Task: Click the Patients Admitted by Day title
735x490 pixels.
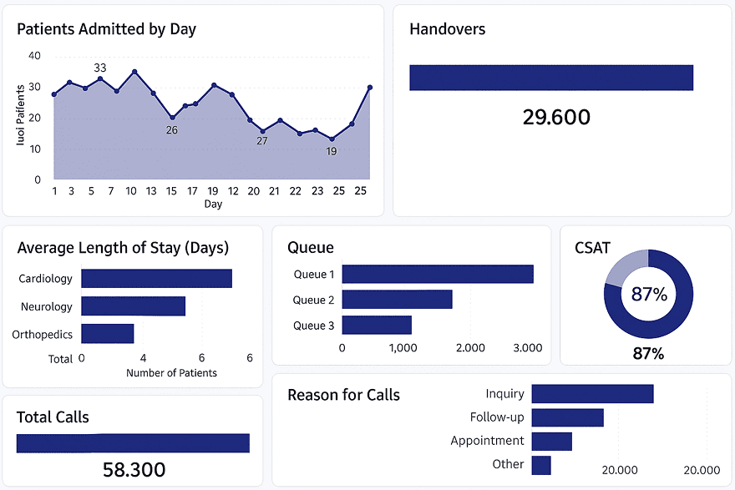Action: coord(106,29)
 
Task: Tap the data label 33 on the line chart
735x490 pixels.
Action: coord(100,68)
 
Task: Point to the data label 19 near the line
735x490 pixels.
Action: coord(332,151)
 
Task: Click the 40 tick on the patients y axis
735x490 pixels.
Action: coord(34,56)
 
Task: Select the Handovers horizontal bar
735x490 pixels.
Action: coord(551,78)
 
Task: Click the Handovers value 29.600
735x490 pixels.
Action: coord(556,117)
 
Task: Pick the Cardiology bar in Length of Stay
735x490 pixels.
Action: coord(156,279)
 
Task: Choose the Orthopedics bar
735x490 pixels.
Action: coord(108,334)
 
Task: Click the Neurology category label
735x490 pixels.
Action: coord(47,306)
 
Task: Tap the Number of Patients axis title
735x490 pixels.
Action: coord(171,373)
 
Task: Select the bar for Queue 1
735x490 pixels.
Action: coord(438,274)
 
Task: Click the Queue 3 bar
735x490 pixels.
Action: coord(377,325)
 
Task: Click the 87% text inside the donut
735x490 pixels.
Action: coord(649,295)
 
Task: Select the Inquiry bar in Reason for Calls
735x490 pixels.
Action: coord(592,394)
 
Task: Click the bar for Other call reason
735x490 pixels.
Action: coord(541,465)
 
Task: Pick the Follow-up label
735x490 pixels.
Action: coord(497,417)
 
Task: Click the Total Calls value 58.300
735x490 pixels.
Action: coord(134,469)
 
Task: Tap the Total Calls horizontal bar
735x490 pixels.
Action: coord(133,443)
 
